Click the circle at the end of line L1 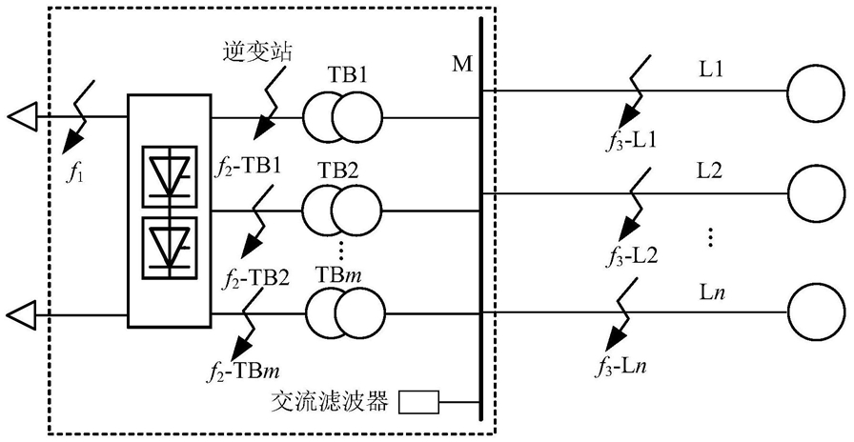[x=815, y=90]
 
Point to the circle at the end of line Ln [x=815, y=312]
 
